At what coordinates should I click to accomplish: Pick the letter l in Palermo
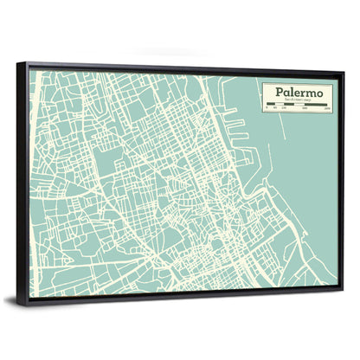(291, 90)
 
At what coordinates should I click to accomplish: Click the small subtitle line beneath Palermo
(296, 100)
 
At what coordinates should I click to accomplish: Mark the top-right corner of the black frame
(344, 73)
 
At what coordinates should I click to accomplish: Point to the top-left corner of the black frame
(27, 62)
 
